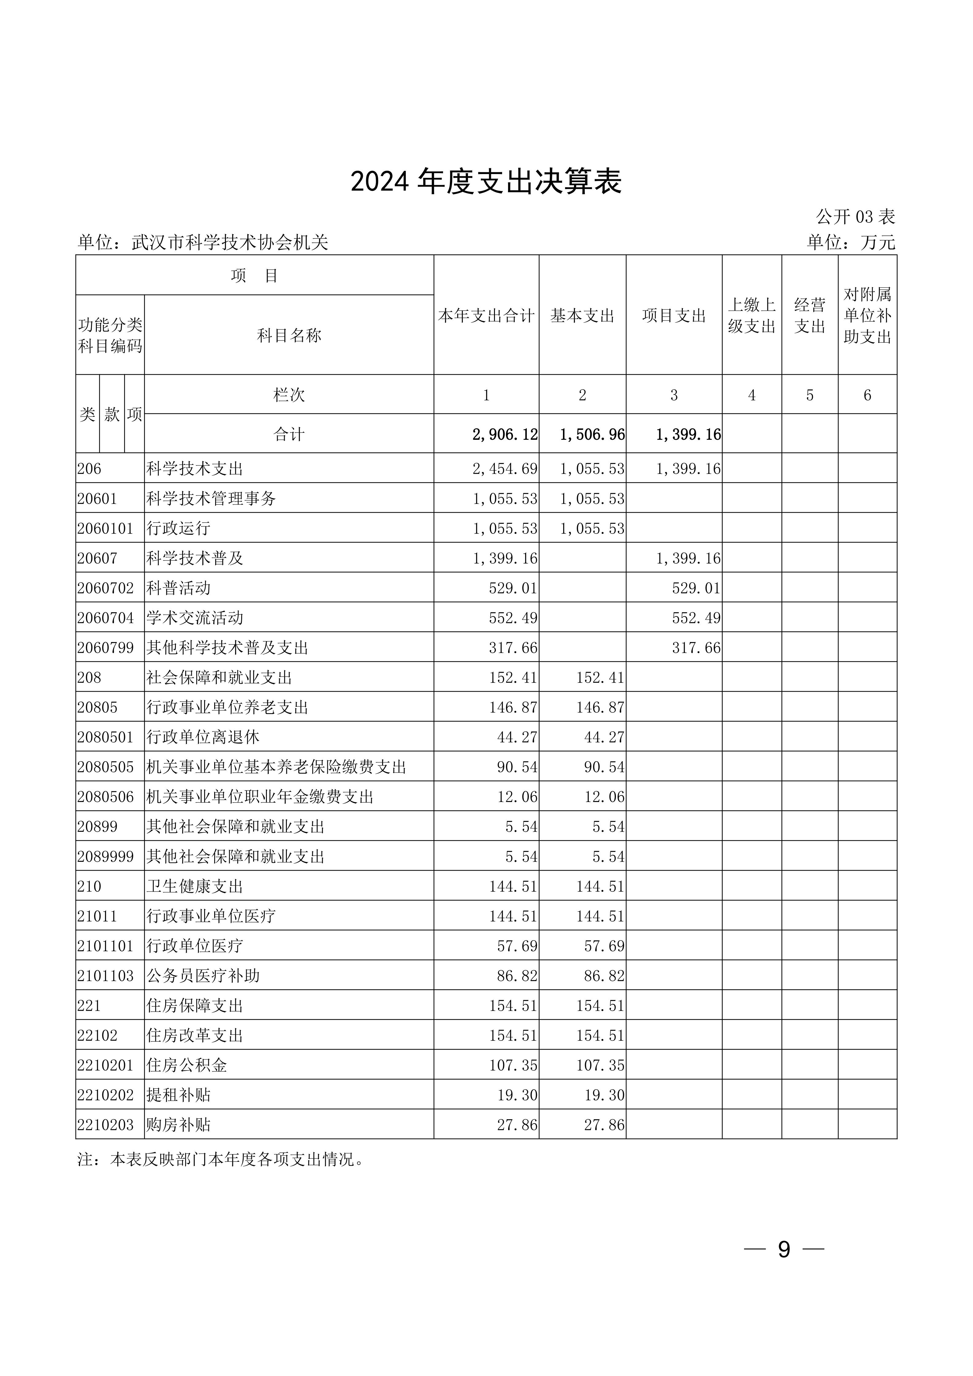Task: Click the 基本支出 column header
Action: click(x=582, y=316)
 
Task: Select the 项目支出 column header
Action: click(x=674, y=316)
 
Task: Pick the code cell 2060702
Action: click(x=105, y=588)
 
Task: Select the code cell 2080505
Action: click(x=105, y=767)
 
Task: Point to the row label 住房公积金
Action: click(x=187, y=1066)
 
